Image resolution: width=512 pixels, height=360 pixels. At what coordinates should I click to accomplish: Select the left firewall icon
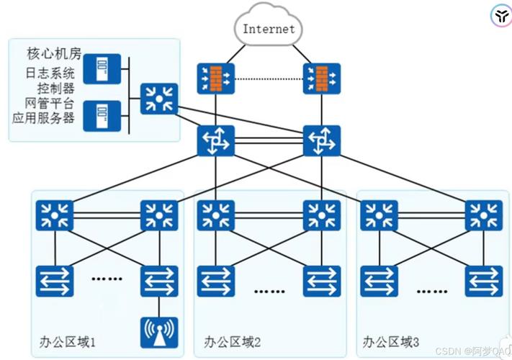(x=216, y=78)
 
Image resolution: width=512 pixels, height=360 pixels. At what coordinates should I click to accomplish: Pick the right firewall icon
(x=322, y=78)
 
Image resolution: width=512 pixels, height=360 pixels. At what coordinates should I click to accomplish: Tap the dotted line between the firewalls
(x=269, y=78)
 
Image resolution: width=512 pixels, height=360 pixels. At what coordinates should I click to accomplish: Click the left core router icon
(x=216, y=140)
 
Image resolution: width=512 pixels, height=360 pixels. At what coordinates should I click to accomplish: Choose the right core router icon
(x=322, y=140)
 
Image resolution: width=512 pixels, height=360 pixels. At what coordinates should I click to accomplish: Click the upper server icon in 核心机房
(x=102, y=69)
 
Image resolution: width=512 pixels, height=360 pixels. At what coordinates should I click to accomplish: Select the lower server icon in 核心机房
(x=102, y=116)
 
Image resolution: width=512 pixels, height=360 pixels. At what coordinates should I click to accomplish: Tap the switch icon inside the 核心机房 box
(x=159, y=99)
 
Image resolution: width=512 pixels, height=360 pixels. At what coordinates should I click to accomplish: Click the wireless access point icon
(x=159, y=332)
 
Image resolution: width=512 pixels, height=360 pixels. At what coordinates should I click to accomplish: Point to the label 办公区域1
(x=68, y=342)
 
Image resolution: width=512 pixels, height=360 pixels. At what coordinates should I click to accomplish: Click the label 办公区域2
(x=232, y=342)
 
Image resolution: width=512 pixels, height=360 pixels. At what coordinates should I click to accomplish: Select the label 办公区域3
(x=390, y=342)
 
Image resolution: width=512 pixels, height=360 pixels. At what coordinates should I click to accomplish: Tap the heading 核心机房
(x=54, y=53)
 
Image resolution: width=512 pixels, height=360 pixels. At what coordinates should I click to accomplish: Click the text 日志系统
(x=50, y=73)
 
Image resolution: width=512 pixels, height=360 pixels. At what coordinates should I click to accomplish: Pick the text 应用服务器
(x=43, y=118)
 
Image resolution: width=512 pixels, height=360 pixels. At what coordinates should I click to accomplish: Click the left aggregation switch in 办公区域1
(x=55, y=215)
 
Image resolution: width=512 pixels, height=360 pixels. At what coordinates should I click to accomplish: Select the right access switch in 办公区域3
(x=484, y=281)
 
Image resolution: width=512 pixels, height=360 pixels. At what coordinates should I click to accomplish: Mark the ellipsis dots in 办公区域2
(x=269, y=291)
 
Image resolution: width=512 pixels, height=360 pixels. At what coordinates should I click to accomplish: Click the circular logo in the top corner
(x=501, y=15)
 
